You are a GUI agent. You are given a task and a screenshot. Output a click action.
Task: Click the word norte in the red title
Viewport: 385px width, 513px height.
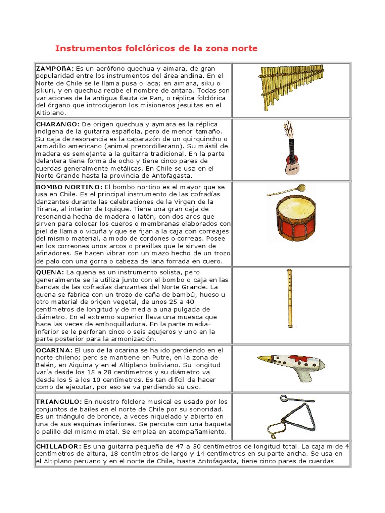(x=244, y=49)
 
